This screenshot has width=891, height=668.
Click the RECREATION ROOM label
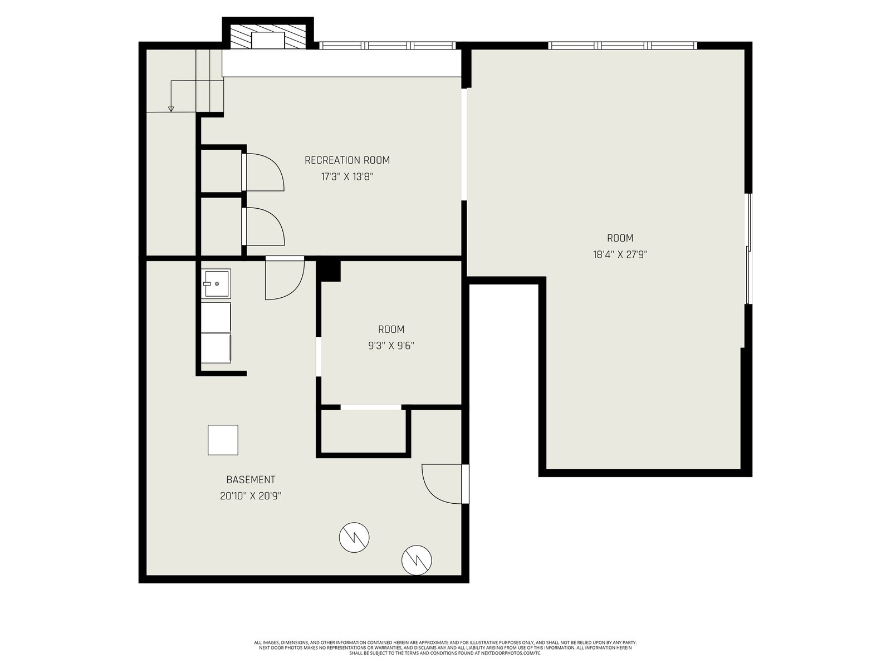347,160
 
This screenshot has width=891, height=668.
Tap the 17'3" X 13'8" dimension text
347,177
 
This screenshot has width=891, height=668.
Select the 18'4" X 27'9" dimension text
620,255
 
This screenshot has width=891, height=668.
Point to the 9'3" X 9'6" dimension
391,346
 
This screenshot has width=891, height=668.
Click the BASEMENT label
251,479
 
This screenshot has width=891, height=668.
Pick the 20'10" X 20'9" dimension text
251,496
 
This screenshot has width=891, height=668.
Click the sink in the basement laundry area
216,283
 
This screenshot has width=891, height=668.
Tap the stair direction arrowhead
171,109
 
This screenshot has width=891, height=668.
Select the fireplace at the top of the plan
268,37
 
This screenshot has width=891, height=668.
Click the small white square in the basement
223,440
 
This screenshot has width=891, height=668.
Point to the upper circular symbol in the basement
354,537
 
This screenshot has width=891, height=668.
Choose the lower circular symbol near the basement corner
417,561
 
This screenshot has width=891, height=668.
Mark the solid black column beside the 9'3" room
328,270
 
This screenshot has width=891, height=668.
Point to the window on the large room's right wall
750,249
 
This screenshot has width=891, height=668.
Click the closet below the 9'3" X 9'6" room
363,431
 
